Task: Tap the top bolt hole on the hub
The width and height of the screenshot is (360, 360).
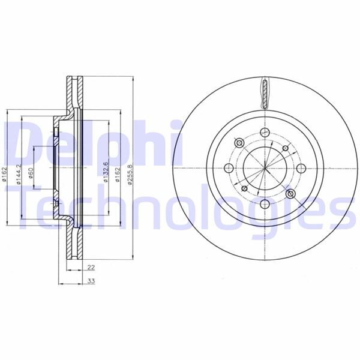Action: point(265,132)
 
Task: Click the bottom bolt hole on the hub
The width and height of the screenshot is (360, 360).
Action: point(265,204)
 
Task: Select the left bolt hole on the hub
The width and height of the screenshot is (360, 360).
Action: point(229,168)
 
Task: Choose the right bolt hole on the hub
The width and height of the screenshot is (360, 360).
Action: point(301,168)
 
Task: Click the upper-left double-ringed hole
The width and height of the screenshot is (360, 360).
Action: point(238,143)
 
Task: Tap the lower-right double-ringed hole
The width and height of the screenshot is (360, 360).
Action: point(290,193)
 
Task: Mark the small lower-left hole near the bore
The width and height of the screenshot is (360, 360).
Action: point(244,190)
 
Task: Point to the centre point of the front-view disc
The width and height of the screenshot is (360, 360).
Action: point(265,168)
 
